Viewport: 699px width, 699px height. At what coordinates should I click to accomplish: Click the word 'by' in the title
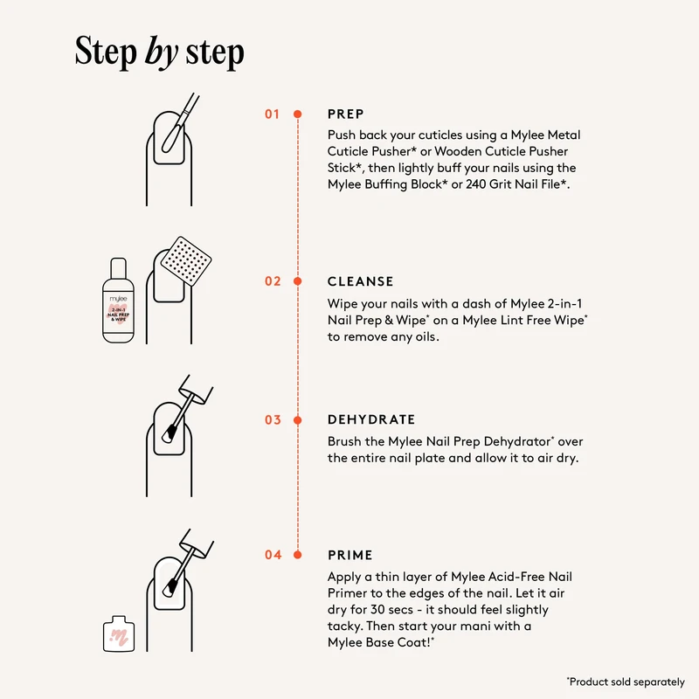(x=162, y=52)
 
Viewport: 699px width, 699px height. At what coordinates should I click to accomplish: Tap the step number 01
(x=272, y=114)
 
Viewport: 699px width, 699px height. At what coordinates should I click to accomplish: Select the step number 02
(x=273, y=281)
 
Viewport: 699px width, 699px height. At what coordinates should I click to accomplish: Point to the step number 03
(x=273, y=420)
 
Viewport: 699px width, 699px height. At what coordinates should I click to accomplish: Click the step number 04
(x=273, y=555)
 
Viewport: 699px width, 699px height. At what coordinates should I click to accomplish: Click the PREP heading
(x=346, y=114)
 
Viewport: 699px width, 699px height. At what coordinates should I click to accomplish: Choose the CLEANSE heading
(x=361, y=281)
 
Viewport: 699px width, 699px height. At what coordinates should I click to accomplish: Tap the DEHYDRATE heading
(x=371, y=419)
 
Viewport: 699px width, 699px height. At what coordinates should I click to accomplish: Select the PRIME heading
(x=350, y=555)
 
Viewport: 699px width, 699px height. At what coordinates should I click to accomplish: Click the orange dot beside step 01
(x=298, y=114)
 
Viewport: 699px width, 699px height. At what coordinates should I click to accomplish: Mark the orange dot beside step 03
(x=298, y=420)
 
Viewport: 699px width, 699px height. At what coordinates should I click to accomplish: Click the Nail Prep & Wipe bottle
(x=118, y=301)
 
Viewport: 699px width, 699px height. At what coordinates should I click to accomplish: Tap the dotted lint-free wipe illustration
(x=186, y=261)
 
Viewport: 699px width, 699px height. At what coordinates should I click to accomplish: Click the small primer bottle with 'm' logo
(x=119, y=634)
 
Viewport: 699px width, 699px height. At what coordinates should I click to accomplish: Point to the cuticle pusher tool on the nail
(x=180, y=123)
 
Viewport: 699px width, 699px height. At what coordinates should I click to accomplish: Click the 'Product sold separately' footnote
(x=626, y=682)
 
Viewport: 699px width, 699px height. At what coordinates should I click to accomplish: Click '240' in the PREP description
(x=475, y=184)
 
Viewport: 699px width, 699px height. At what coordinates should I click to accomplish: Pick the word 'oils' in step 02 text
(x=426, y=336)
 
